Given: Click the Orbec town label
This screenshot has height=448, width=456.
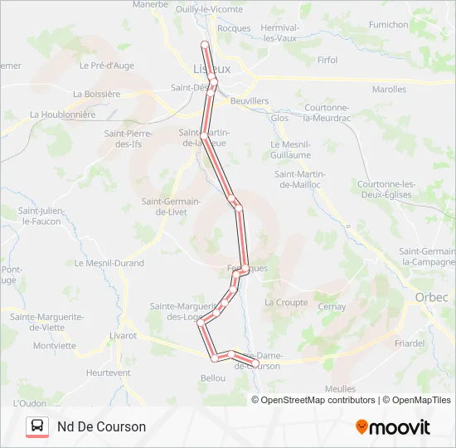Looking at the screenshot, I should pyautogui.click(x=431, y=297).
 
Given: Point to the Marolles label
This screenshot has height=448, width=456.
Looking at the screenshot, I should pyautogui.click(x=389, y=89).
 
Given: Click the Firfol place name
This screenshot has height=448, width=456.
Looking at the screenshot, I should pyautogui.click(x=327, y=60).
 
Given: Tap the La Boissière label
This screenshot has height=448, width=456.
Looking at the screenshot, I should pyautogui.click(x=96, y=94).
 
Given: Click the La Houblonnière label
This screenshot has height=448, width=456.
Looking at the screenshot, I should pyautogui.click(x=62, y=114).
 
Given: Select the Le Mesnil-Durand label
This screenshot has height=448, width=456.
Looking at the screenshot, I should pyautogui.click(x=109, y=263).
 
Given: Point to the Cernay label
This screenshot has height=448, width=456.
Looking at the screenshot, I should pyautogui.click(x=332, y=306).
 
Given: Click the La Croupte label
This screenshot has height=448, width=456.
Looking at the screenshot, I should pyautogui.click(x=285, y=303).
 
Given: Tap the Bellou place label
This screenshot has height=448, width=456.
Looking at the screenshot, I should pyautogui.click(x=213, y=377).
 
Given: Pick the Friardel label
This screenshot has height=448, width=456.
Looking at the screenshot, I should pyautogui.click(x=410, y=343).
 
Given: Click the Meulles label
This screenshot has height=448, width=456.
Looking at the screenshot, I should pyautogui.click(x=341, y=388).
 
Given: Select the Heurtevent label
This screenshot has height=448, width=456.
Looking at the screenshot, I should pyautogui.click(x=108, y=373).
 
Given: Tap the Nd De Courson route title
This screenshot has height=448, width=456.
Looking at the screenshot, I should pyautogui.click(x=101, y=426).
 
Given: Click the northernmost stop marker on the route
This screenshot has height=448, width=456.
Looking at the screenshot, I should pyautogui.click(x=205, y=44).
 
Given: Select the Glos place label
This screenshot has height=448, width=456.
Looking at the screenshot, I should pyautogui.click(x=279, y=118).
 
